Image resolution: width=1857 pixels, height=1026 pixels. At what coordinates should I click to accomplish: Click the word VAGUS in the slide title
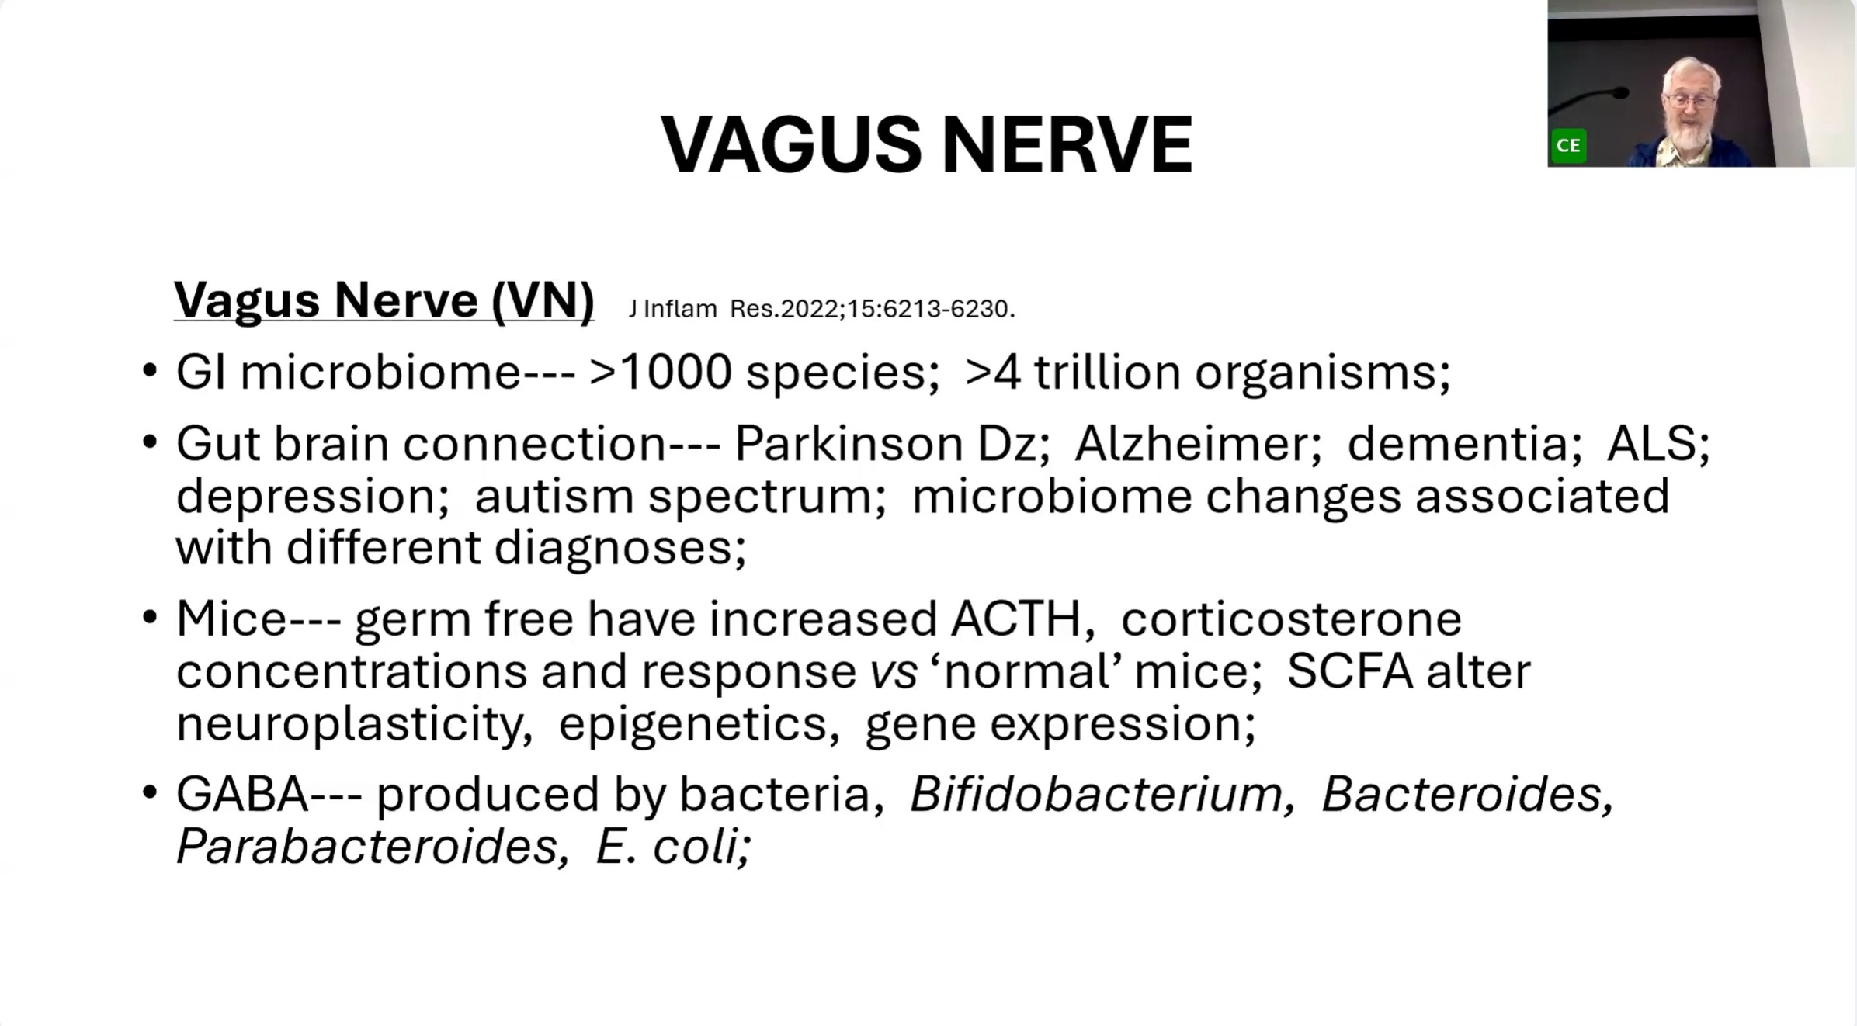point(791,144)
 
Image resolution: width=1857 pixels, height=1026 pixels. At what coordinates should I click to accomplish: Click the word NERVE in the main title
point(1067,144)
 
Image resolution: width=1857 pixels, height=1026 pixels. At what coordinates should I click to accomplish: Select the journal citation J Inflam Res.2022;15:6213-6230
point(822,309)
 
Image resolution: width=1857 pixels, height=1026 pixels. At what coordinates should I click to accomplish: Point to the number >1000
point(660,372)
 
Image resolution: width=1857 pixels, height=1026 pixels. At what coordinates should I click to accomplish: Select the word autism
point(554,496)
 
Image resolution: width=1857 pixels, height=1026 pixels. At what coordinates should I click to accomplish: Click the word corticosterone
point(1291,619)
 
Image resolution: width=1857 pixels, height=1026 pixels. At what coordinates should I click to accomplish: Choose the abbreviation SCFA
point(1349,671)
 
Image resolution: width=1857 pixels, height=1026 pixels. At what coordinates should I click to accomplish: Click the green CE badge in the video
point(1568,145)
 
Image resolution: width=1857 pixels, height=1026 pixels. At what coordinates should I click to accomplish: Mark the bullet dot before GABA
point(150,794)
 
